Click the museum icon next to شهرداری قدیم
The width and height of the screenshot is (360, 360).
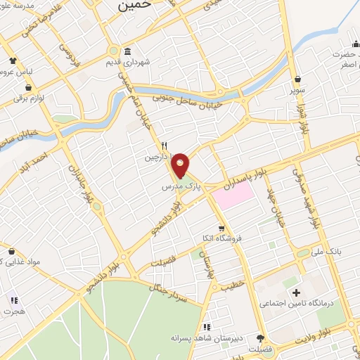127,51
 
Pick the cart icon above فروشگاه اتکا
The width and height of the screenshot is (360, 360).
222,228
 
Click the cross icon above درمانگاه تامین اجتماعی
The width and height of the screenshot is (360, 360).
295,292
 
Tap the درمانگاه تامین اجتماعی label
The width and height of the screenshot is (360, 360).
295,304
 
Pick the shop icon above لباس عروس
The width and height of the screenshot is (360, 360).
13,60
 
